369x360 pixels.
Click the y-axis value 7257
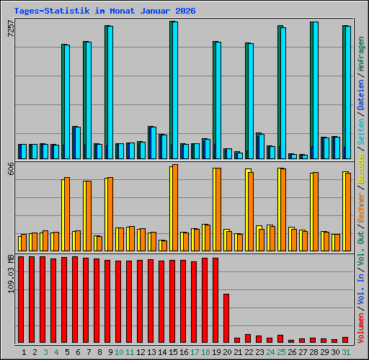pos(10,29)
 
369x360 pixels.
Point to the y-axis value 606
pos(10,170)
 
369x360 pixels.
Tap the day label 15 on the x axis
pos(173,352)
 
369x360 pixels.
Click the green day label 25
pos(281,352)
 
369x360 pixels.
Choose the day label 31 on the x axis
pos(346,352)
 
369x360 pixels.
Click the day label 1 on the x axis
pos(24,352)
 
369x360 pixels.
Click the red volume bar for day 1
pos(21,300)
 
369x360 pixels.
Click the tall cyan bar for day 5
pos(66,102)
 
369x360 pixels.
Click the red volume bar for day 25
pos(280,338)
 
